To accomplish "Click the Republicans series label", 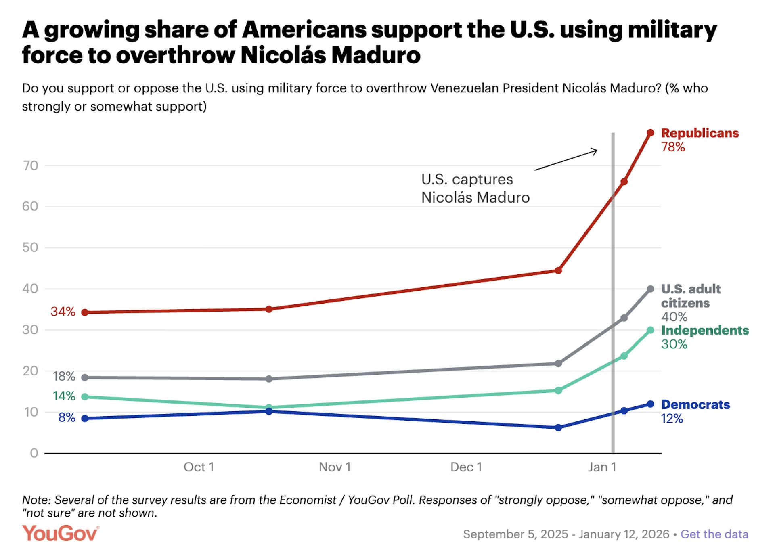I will [x=700, y=133].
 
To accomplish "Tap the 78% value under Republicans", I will [x=673, y=147].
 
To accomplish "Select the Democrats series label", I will [x=695, y=404].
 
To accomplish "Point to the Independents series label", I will [x=705, y=330].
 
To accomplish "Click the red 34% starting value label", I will [x=63, y=312].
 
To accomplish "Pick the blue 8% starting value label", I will [x=67, y=417].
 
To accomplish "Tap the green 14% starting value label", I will [x=64, y=396].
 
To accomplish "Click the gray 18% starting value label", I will [x=64, y=377].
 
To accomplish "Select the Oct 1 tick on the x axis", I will [x=199, y=467].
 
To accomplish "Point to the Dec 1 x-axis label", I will [x=466, y=467].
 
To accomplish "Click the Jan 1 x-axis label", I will [x=602, y=467].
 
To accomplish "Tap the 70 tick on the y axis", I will [x=31, y=165].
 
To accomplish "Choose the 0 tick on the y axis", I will [x=34, y=453].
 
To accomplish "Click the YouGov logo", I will [x=60, y=533].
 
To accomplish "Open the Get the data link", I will [x=714, y=534].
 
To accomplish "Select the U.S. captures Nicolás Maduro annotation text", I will [x=475, y=188].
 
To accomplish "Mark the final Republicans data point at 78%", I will [x=650, y=133].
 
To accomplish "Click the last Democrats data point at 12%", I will [x=650, y=404].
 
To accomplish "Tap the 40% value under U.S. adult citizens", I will [x=674, y=317].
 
